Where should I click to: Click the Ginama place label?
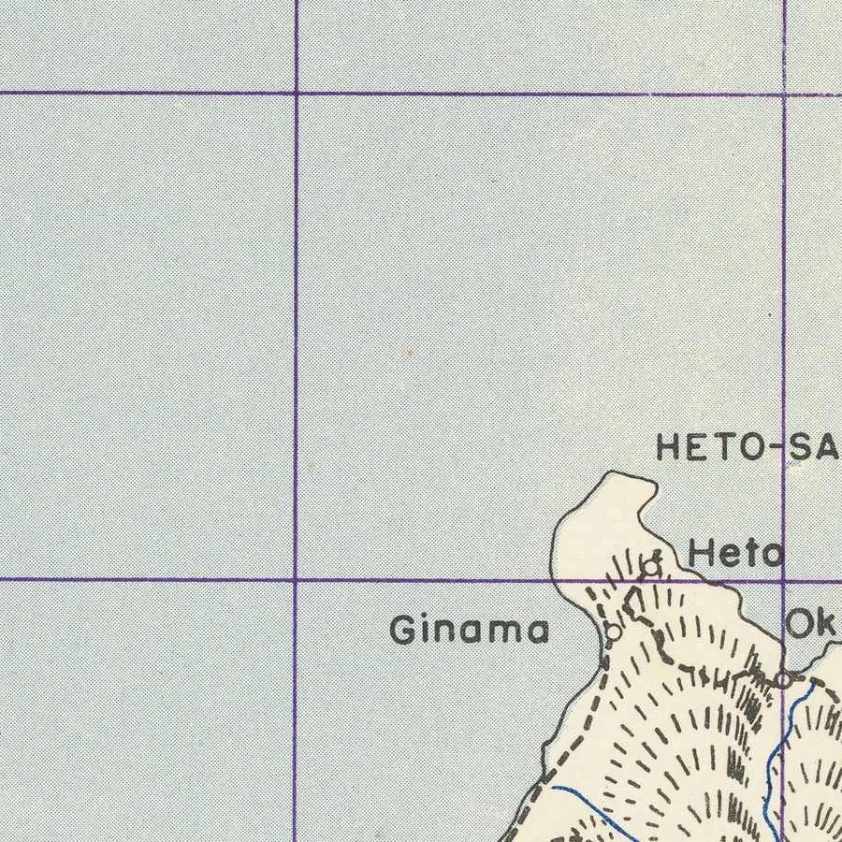point(469,631)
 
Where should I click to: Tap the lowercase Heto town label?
point(735,554)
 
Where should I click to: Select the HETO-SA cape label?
point(747,447)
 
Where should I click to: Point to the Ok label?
point(812,624)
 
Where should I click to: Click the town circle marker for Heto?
point(648,565)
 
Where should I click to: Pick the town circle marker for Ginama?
point(613,632)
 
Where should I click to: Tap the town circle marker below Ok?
point(783,679)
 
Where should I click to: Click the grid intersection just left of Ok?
point(783,580)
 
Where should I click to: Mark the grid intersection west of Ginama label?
point(296,580)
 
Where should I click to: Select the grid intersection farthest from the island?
point(296,93)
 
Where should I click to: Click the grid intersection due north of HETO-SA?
point(784,94)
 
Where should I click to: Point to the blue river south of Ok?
point(777,748)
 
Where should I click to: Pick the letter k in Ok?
point(827,624)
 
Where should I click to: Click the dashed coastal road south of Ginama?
point(571,739)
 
